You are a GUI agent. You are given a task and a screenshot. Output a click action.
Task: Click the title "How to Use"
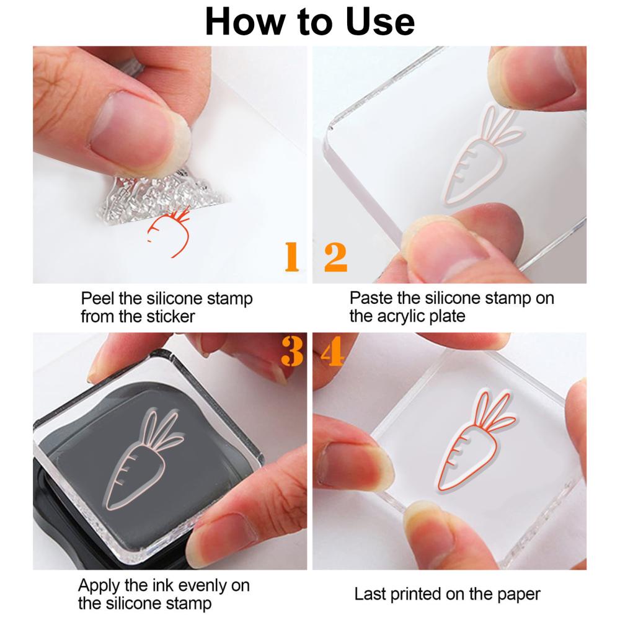click(x=309, y=22)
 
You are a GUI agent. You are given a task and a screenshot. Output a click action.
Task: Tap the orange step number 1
click(x=292, y=257)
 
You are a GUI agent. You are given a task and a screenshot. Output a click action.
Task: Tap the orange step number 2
click(x=335, y=257)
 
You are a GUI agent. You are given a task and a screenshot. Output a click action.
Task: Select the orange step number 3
click(x=292, y=351)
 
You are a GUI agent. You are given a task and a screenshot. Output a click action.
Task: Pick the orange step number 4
click(x=332, y=351)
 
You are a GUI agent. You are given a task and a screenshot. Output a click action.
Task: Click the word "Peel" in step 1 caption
click(x=98, y=298)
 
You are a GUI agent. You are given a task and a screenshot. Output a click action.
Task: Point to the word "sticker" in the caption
click(x=171, y=316)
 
